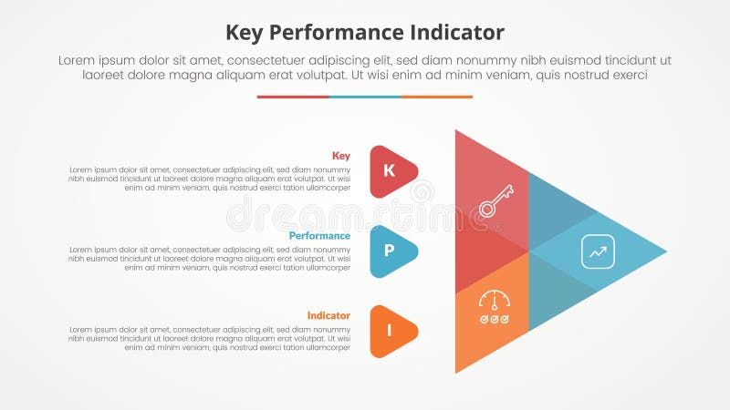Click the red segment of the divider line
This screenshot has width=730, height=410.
[x=293, y=97]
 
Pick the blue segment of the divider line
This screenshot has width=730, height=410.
[x=365, y=97]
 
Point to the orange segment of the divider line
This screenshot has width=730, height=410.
[x=437, y=97]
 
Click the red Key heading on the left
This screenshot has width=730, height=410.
[x=341, y=156]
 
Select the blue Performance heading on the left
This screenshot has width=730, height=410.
[x=319, y=236]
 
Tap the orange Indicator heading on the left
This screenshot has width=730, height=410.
[x=328, y=315]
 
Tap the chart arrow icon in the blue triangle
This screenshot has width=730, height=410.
[x=599, y=251]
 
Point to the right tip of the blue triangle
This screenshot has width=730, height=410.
[x=664, y=251]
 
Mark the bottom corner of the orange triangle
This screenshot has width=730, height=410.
[x=457, y=370]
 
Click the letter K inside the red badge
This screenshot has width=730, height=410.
[x=390, y=170]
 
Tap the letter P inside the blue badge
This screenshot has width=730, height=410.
[x=390, y=251]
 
